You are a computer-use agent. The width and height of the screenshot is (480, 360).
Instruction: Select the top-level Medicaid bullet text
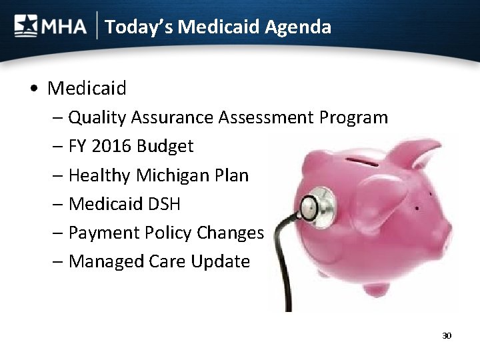coord(87,87)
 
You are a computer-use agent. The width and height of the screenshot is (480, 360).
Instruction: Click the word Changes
coord(231,233)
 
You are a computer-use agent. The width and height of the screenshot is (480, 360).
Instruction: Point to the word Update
coord(220,261)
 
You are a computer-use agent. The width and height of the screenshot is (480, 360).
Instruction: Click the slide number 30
coord(446,335)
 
